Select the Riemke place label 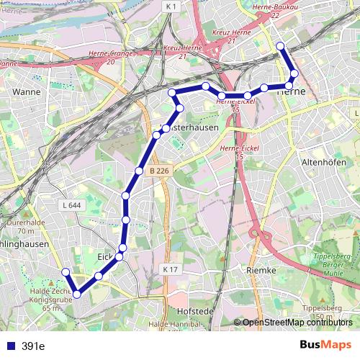[261, 269]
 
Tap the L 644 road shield [71, 205]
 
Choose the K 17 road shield [169, 269]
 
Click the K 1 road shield [170, 6]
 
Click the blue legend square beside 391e [9, 346]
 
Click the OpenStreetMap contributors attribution [297, 323]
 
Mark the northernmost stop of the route [280, 48]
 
